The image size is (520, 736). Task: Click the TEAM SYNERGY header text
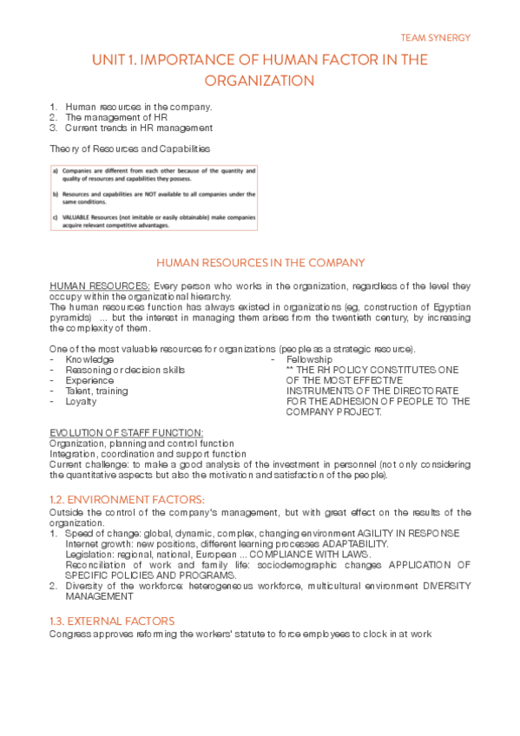tap(435, 38)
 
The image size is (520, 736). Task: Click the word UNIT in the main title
tap(109, 60)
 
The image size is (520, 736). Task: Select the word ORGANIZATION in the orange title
tap(259, 82)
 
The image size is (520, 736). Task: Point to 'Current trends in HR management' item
tap(139, 128)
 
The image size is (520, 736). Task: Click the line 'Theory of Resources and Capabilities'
tap(129, 149)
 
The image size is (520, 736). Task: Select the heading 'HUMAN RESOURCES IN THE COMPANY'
tap(260, 263)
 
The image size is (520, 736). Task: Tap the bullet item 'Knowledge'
tap(89, 359)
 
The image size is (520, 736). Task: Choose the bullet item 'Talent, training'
tap(96, 391)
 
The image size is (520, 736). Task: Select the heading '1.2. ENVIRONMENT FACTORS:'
tap(127, 499)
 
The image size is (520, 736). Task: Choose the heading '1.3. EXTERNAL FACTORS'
tap(112, 621)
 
